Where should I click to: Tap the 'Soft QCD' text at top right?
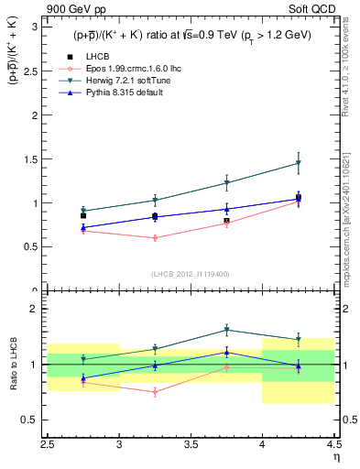(x=312, y=10)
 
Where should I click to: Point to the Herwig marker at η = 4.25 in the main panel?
(x=298, y=163)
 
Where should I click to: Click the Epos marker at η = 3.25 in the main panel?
(x=155, y=238)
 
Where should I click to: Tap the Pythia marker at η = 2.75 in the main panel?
(x=83, y=227)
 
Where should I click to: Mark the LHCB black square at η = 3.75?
(x=226, y=221)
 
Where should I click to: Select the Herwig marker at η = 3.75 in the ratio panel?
(x=226, y=330)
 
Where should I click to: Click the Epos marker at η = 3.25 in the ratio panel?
(x=155, y=392)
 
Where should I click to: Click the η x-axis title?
(x=336, y=456)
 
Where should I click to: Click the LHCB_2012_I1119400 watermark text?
(x=191, y=274)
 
